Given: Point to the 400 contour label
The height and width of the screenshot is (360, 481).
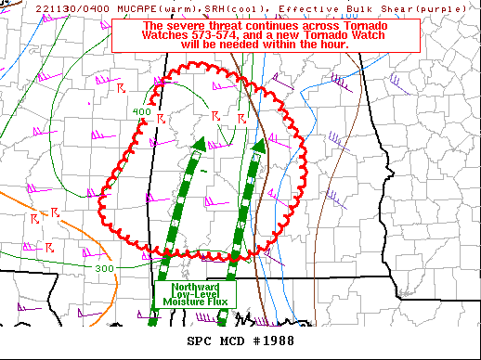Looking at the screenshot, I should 141,112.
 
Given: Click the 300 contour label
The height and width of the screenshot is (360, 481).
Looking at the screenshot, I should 104,268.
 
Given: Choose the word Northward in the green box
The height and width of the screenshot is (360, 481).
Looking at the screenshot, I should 194,287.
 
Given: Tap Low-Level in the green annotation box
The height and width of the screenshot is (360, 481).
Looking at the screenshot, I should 194,294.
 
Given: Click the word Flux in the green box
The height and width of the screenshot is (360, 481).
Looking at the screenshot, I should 217,302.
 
